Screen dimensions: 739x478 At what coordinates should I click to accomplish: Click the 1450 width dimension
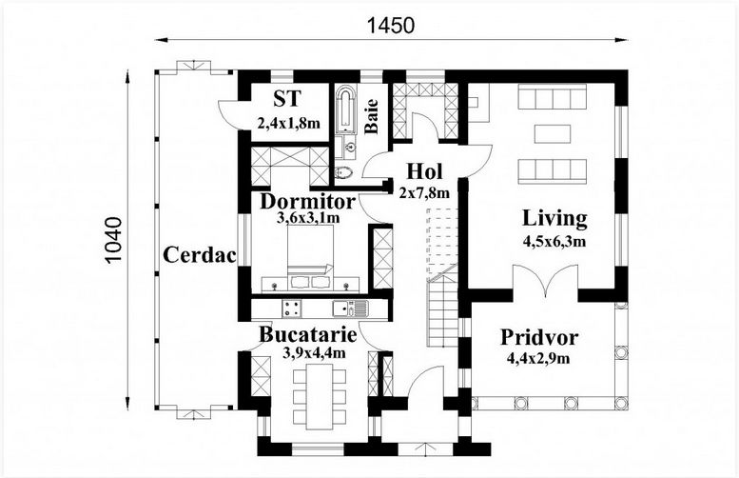coord(391,26)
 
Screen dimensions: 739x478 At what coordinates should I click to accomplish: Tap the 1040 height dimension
coord(113,240)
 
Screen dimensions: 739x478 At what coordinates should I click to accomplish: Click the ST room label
coord(286,99)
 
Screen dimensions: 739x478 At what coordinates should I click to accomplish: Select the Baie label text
coord(371,116)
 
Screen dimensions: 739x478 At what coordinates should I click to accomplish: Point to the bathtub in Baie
coord(346,108)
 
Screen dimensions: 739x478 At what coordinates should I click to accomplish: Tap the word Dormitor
coord(307,202)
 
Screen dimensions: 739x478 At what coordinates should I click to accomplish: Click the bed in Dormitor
coord(310,256)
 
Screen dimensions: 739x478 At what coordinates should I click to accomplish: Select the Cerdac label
coord(199,255)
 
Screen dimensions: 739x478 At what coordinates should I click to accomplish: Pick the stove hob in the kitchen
coord(292,309)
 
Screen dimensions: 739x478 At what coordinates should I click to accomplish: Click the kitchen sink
coord(349,309)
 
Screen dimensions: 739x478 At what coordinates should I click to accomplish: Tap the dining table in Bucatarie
coord(320,395)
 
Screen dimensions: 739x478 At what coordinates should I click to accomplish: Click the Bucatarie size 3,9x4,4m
coord(314,352)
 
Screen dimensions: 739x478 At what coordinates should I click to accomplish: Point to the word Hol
coord(424,171)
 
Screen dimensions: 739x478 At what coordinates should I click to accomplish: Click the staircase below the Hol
coord(442,307)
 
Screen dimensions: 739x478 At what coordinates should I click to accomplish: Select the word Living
coord(554,218)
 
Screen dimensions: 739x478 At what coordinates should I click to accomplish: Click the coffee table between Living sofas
coord(553,133)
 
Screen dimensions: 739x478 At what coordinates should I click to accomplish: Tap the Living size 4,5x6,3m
coord(554,242)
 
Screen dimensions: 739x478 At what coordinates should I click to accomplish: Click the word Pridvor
coord(539,337)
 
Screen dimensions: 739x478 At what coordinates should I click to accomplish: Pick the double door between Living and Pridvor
coord(545,281)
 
